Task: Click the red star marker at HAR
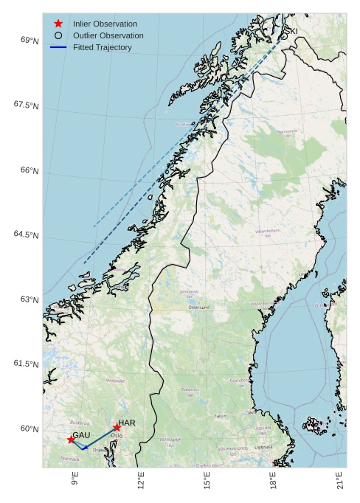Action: [117, 427]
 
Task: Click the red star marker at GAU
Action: [71, 440]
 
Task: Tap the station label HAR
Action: [127, 423]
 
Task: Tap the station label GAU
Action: [81, 435]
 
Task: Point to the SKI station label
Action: [291, 31]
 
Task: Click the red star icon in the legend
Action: [58, 24]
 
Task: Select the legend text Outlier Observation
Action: [108, 35]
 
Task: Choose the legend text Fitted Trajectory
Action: [102, 47]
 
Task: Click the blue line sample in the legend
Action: [58, 47]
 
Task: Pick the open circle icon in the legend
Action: [58, 35]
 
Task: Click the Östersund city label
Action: [200, 306]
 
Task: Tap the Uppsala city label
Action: [263, 447]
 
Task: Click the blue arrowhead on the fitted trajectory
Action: [85, 448]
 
